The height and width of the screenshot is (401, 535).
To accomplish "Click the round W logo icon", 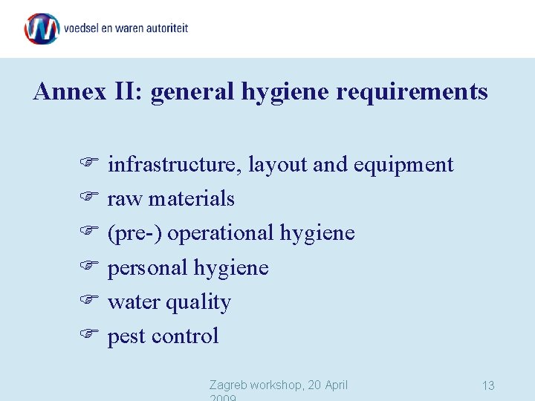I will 42,29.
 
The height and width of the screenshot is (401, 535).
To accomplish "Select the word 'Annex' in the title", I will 62,91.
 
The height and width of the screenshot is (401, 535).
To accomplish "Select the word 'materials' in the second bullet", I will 192,199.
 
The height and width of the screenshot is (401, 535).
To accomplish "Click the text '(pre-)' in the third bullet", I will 135,233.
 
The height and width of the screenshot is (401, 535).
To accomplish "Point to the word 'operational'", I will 221,234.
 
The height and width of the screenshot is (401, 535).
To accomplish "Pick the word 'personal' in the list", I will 148,268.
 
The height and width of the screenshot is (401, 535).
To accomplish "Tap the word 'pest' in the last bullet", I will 126,337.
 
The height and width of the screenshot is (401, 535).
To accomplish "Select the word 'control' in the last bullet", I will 185,336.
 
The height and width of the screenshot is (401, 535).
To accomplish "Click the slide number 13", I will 488,385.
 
